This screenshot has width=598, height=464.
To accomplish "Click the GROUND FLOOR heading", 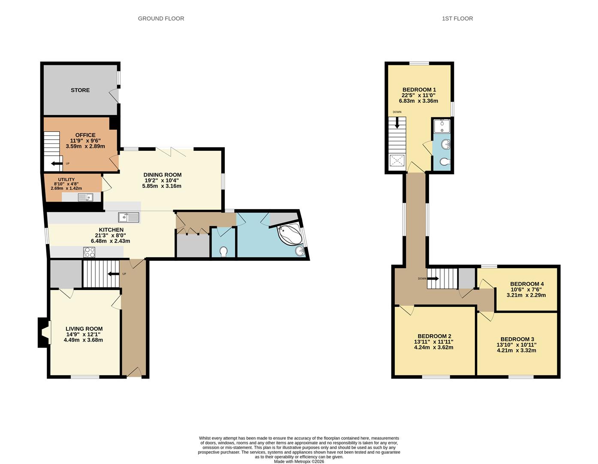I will pyautogui.click(x=161, y=18).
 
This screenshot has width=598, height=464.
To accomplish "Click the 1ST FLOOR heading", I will pyautogui.click(x=457, y=18).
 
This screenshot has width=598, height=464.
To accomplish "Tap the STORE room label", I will pyautogui.click(x=80, y=90).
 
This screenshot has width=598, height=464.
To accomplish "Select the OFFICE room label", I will pyautogui.click(x=85, y=135).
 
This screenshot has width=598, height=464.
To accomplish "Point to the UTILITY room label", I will pyautogui.click(x=66, y=180).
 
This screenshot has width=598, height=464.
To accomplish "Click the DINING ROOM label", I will pyautogui.click(x=162, y=175).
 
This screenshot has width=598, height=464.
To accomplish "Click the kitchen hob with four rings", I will pyautogui.click(x=89, y=252).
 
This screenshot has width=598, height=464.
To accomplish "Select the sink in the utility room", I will pyautogui.click(x=86, y=197).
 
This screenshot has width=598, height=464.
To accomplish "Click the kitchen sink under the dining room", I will pyautogui.click(x=129, y=217).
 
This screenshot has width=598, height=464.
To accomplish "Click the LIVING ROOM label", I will pyautogui.click(x=84, y=329).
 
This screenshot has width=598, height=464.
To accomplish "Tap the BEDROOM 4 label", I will pyautogui.click(x=527, y=284).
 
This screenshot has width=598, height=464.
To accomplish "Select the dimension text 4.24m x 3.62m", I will pyautogui.click(x=433, y=348).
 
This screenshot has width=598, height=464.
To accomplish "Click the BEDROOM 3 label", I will pyautogui.click(x=517, y=339).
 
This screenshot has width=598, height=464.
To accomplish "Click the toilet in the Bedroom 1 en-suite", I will pyautogui.click(x=444, y=162).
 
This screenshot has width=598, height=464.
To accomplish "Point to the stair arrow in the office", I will pyautogui.click(x=56, y=163).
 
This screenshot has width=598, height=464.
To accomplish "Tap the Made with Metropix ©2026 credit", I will pyautogui.click(x=299, y=462).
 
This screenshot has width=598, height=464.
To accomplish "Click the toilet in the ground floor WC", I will pyautogui.click(x=223, y=250).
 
